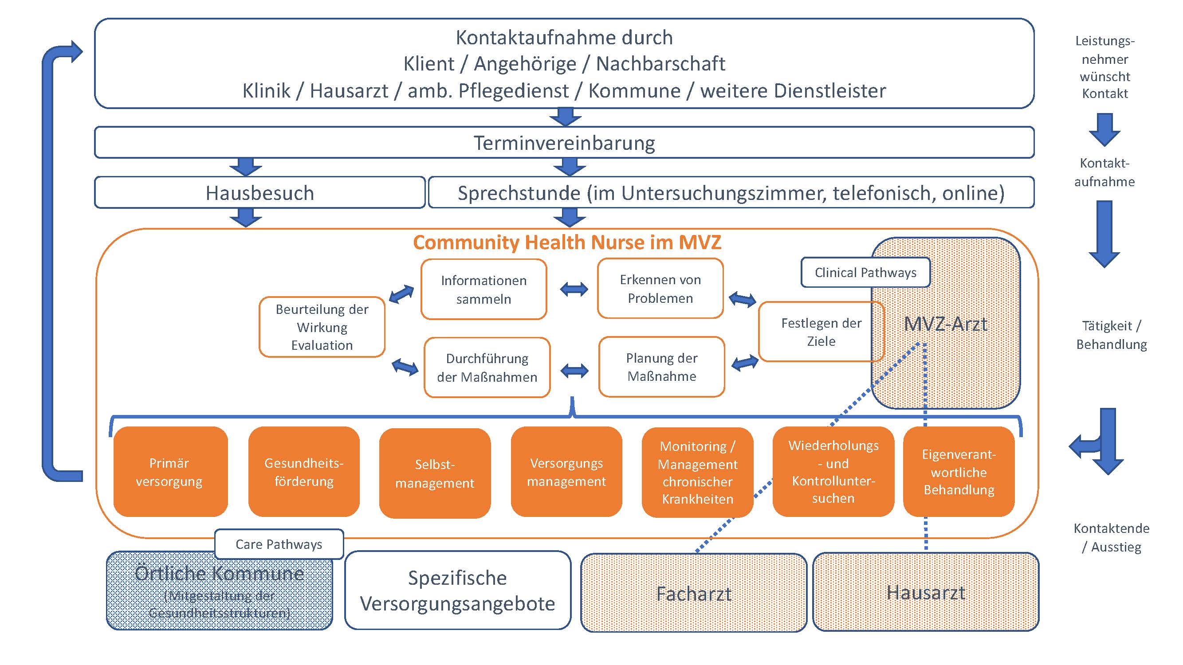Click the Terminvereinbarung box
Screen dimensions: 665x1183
click(x=564, y=143)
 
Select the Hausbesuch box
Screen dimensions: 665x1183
click(x=260, y=193)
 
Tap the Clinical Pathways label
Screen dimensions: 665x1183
click(x=865, y=273)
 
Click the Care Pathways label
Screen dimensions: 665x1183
click(x=279, y=544)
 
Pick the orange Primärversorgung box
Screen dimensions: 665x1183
click(x=170, y=472)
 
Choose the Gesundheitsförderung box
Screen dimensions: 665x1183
click(x=303, y=472)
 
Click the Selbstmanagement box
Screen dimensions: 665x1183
click(x=434, y=473)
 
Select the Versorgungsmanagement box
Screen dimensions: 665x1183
click(x=566, y=472)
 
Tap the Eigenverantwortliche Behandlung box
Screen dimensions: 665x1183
click(x=959, y=472)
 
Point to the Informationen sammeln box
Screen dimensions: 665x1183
click(x=483, y=289)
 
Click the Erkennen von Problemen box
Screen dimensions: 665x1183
click(x=660, y=289)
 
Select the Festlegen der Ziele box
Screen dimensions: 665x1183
click(x=821, y=332)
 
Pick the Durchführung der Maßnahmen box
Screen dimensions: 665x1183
click(x=487, y=368)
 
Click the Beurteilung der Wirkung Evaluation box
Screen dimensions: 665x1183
click(x=322, y=327)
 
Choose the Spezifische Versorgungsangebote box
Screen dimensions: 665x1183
click(x=457, y=591)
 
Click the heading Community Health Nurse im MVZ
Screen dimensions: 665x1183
click(x=567, y=243)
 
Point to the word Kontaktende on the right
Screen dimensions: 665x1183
click(x=1111, y=528)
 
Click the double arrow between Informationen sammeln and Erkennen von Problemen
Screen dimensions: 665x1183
click(x=574, y=289)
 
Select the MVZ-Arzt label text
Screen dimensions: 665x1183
click(x=945, y=325)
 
